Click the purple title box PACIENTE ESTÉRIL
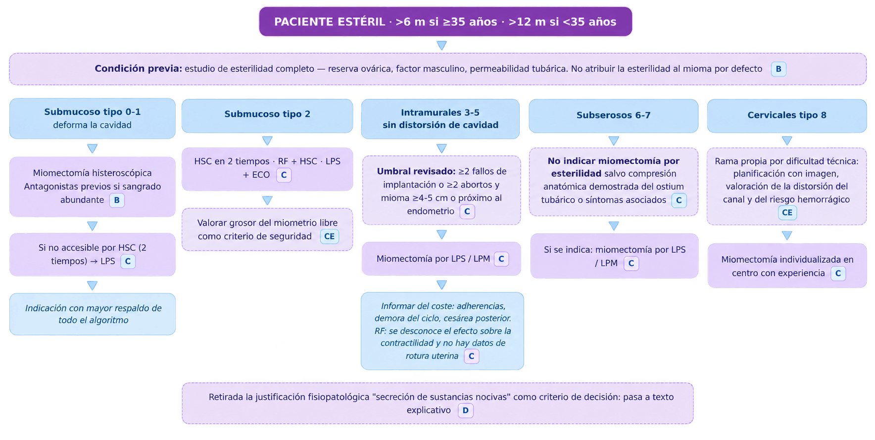click(445, 21)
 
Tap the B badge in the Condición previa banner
click(778, 69)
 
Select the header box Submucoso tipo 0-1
click(93, 118)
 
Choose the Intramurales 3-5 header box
click(440, 119)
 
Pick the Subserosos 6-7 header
click(614, 115)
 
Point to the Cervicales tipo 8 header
click(787, 115)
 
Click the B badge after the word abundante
click(117, 200)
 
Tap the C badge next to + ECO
click(284, 175)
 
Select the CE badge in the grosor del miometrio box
click(329, 236)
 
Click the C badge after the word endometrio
click(467, 211)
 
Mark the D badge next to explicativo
click(466, 410)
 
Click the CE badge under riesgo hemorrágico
click(787, 212)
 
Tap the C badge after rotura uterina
click(472, 356)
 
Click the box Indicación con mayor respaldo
click(93, 314)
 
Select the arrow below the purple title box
click(442, 46)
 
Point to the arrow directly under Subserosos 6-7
click(614, 141)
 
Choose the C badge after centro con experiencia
click(838, 273)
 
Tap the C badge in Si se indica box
click(631, 263)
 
